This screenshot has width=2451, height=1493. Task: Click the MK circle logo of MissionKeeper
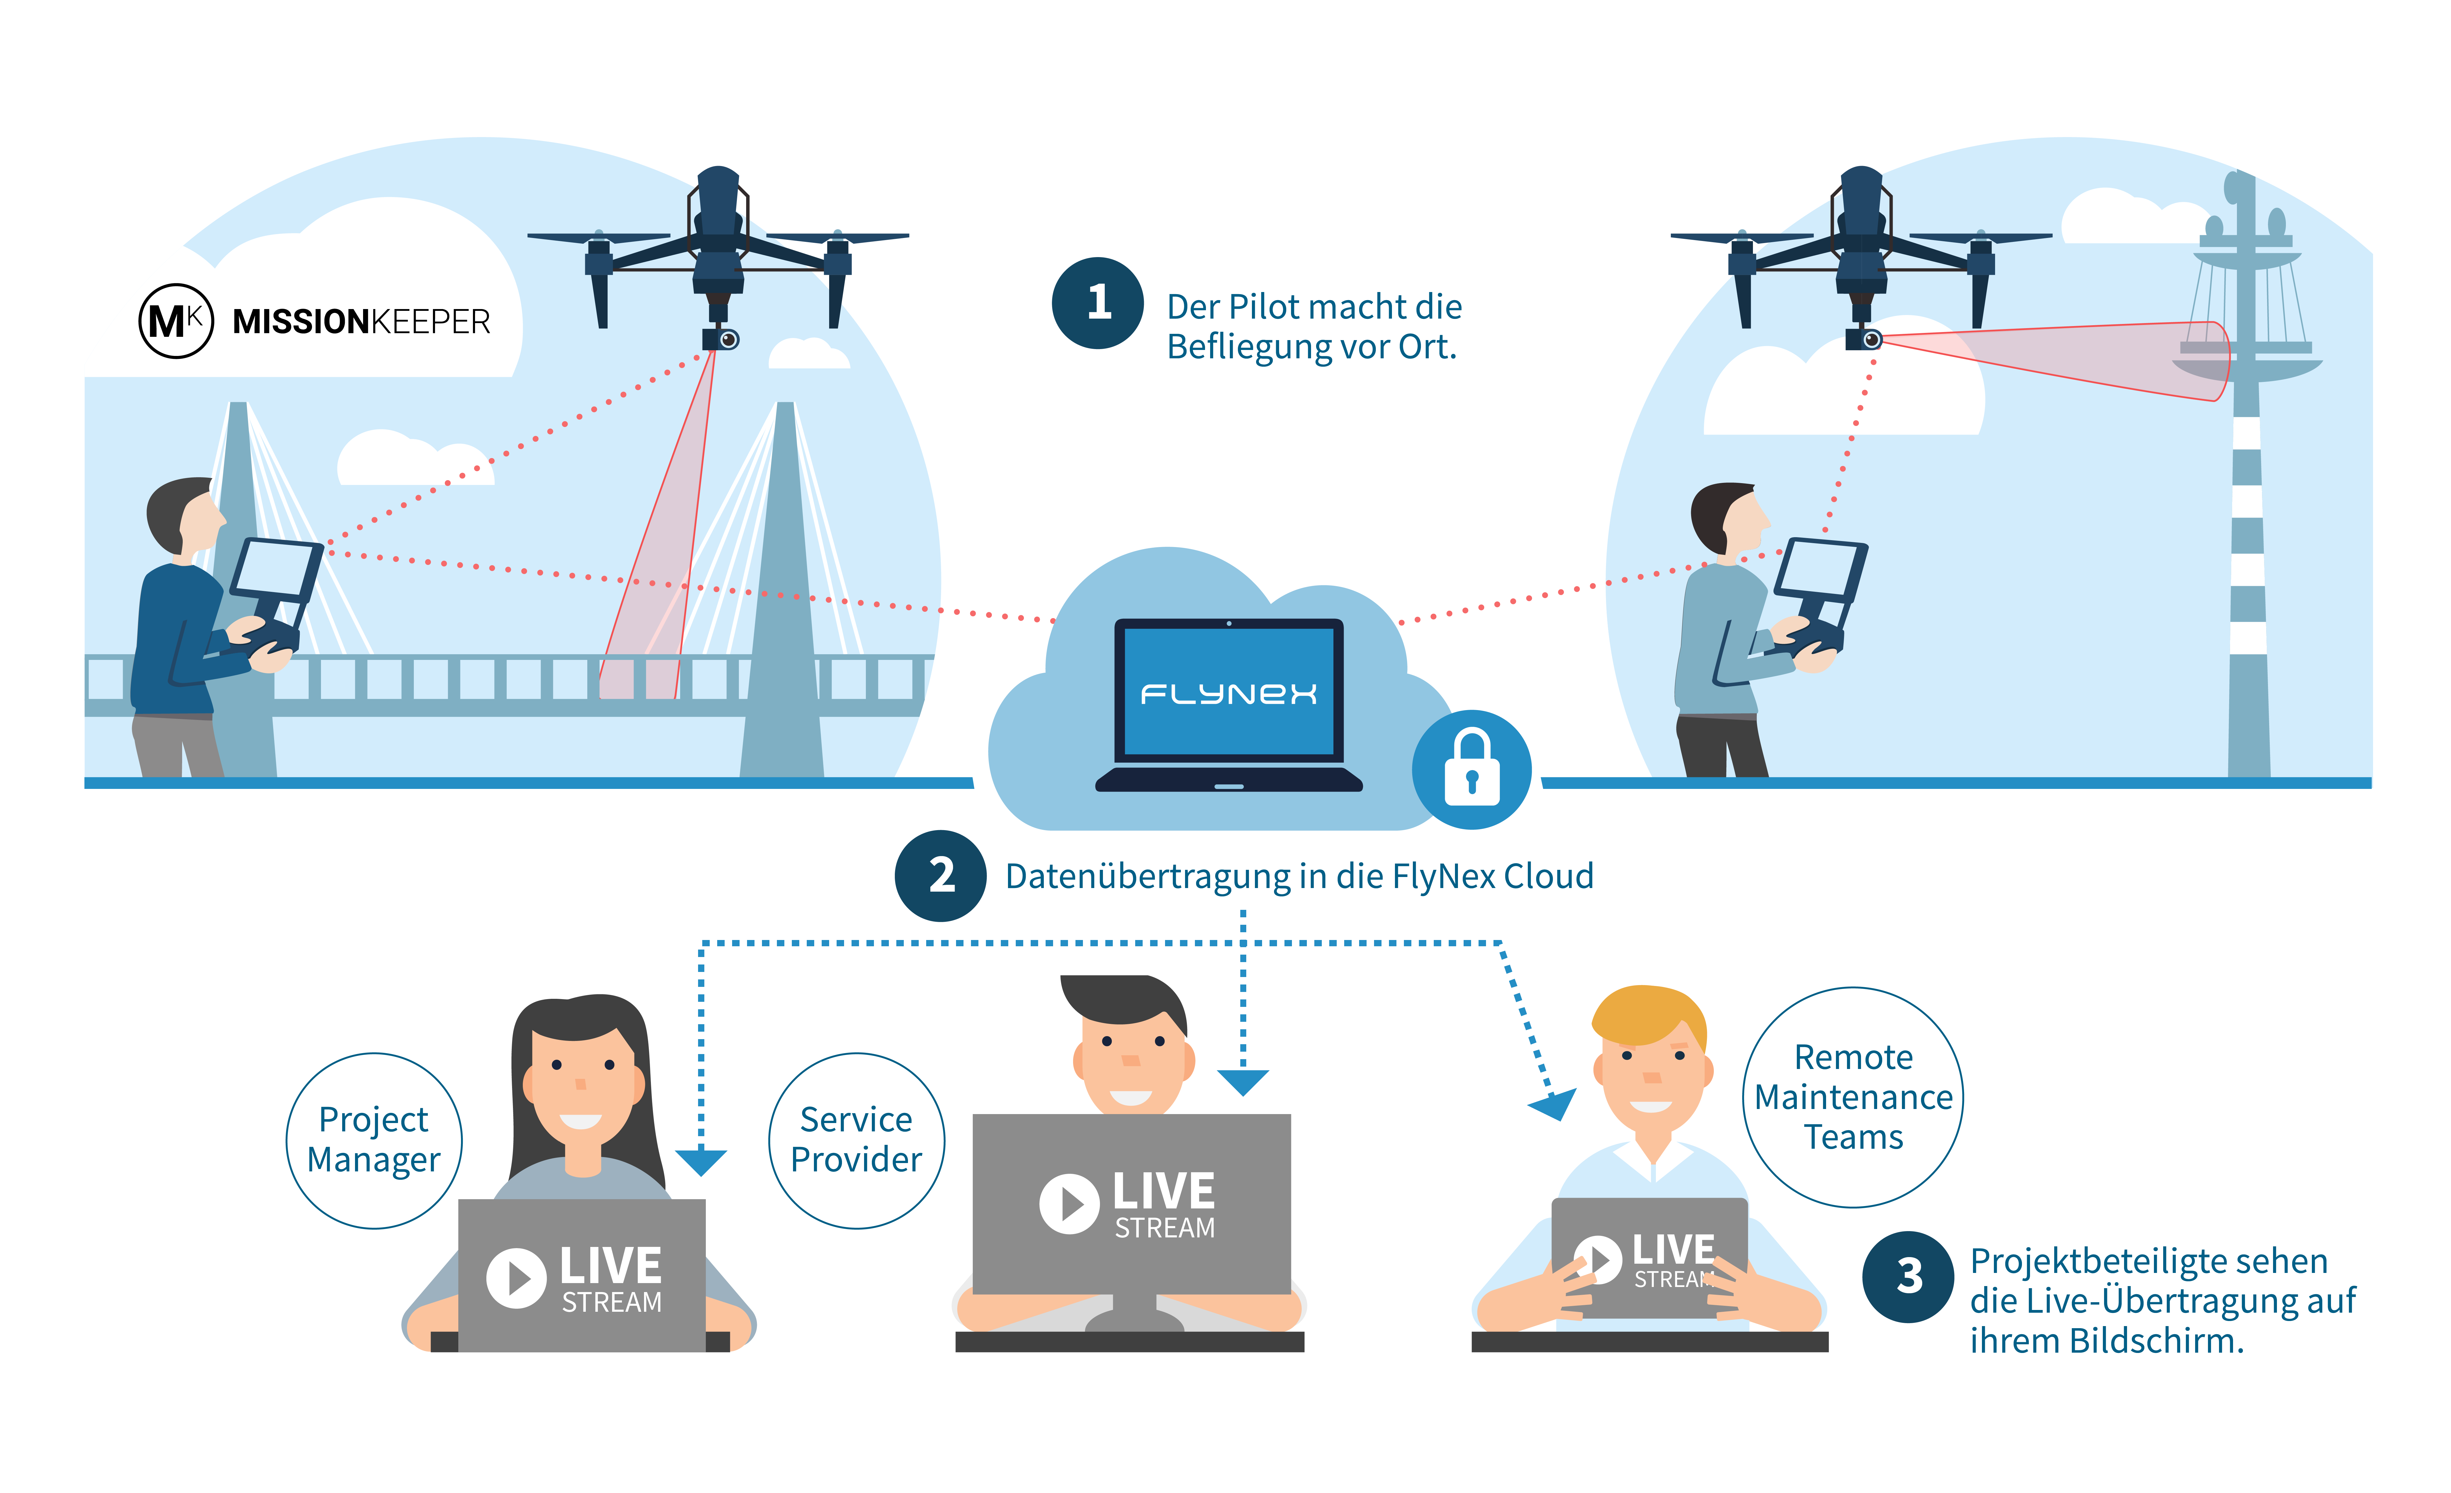point(176,320)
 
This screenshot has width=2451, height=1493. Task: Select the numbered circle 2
point(941,875)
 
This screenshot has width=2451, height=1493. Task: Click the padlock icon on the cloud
point(1471,769)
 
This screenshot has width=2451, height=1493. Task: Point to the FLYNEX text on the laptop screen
point(1228,693)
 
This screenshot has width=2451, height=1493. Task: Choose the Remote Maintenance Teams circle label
point(1853,1097)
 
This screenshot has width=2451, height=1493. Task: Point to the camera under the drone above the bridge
point(722,339)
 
